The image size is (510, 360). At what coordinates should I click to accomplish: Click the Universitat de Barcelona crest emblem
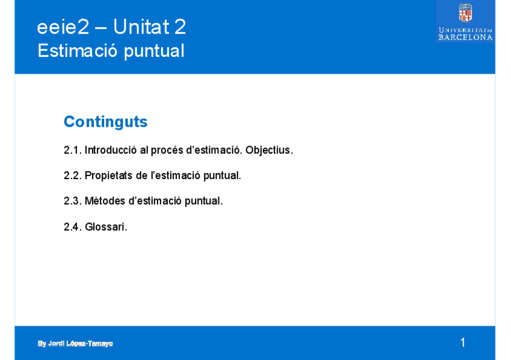pyautogui.click(x=465, y=13)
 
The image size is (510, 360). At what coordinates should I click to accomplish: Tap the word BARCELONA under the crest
pyautogui.click(x=465, y=37)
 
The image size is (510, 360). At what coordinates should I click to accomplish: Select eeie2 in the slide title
pyautogui.click(x=63, y=26)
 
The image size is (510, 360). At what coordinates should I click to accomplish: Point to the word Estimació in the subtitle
pyautogui.click(x=77, y=50)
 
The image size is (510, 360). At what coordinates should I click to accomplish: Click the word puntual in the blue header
pyautogui.click(x=154, y=51)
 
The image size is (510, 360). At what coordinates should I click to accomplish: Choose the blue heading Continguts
pyautogui.click(x=106, y=122)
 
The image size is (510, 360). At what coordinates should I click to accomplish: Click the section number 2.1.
pyautogui.click(x=73, y=150)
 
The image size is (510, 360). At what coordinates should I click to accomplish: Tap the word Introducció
pyautogui.click(x=111, y=150)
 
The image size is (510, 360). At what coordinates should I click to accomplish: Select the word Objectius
pyautogui.click(x=269, y=150)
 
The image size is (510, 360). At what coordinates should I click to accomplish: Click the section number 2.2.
pyautogui.click(x=73, y=175)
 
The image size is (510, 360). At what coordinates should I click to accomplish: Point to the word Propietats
pyautogui.click(x=109, y=175)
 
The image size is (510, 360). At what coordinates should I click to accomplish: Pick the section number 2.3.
pyautogui.click(x=73, y=201)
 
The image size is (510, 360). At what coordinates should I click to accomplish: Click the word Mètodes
pyautogui.click(x=105, y=201)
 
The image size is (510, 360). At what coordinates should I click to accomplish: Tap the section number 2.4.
pyautogui.click(x=73, y=227)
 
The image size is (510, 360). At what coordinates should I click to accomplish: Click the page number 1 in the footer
pyautogui.click(x=463, y=343)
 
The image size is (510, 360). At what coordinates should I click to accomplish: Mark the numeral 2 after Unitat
pyautogui.click(x=180, y=26)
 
